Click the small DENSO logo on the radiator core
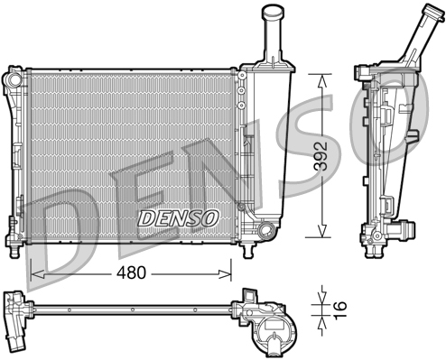click(x=178, y=217)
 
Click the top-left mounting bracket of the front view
click(x=14, y=79)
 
